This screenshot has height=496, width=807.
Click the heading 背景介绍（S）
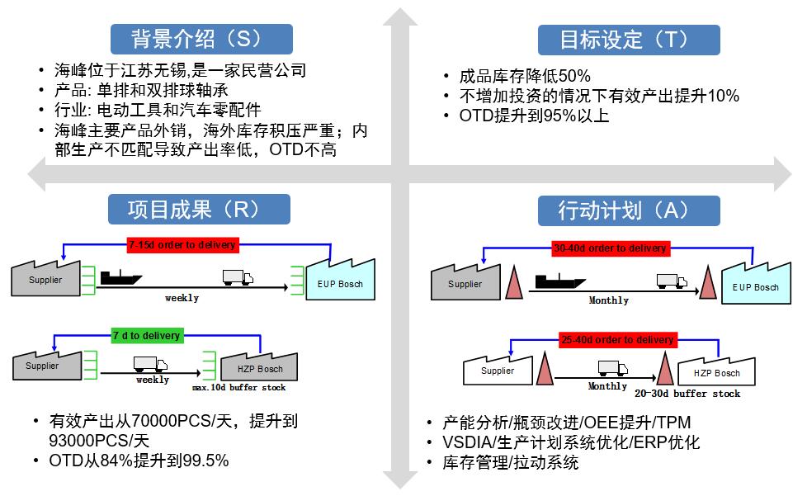(201, 39)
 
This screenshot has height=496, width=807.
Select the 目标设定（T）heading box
(629, 39)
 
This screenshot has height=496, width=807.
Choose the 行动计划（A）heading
(629, 210)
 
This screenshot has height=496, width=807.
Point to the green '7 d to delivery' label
(146, 335)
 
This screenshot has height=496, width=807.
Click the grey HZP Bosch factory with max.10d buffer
(260, 366)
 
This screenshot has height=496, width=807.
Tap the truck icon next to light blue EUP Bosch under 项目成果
(237, 278)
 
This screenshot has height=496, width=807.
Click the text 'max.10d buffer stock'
(238, 387)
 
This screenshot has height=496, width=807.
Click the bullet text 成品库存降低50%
(525, 76)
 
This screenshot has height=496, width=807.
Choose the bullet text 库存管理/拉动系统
(511, 462)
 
